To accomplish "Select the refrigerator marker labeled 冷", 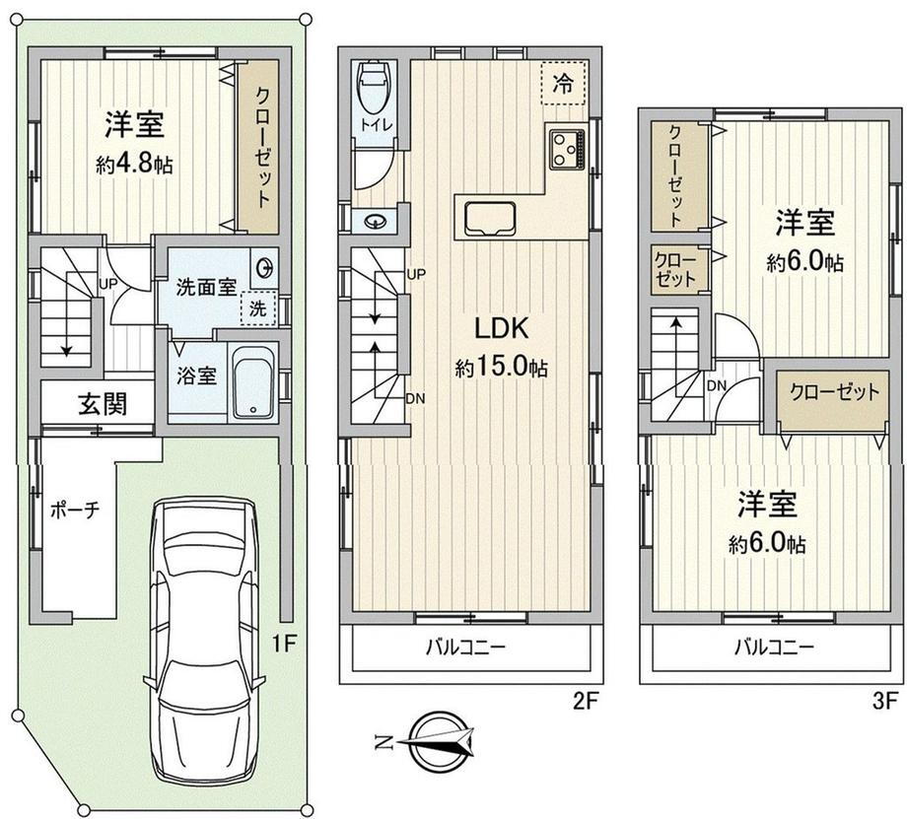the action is (x=563, y=83).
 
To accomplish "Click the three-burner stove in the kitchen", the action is (x=567, y=150).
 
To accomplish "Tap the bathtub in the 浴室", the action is (x=252, y=382).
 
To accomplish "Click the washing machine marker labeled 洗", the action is (x=258, y=308).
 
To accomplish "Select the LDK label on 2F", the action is (x=501, y=328).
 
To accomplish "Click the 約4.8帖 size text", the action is (x=134, y=166).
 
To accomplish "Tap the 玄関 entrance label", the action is (x=103, y=404).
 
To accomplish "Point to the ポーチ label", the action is (x=75, y=510).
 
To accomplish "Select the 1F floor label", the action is (x=284, y=644).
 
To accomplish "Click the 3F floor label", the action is (x=885, y=701).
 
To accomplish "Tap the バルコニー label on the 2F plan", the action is (x=465, y=647).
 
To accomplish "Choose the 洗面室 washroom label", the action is (x=206, y=287).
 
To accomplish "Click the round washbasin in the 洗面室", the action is (x=265, y=269).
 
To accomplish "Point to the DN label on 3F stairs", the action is (x=717, y=385).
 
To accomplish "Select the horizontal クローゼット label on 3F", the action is (x=834, y=392).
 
